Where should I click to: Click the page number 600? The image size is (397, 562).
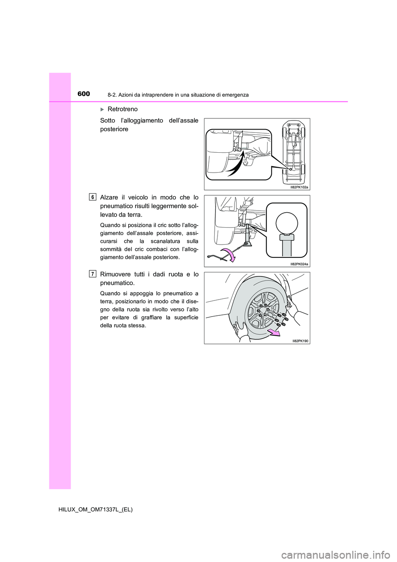click(x=84, y=94)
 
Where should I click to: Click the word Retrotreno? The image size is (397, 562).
click(x=122, y=109)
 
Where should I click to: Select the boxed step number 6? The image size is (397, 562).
click(x=93, y=197)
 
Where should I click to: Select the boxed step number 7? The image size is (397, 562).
click(x=93, y=274)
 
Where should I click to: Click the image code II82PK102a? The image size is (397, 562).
click(x=299, y=187)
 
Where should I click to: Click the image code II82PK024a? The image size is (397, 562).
click(x=299, y=264)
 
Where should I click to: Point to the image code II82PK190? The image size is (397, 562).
click(x=300, y=341)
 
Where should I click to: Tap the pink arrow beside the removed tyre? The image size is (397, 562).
click(x=273, y=332)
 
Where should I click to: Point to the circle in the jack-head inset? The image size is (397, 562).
click(x=287, y=222)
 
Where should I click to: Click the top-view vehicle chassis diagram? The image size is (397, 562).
click(x=293, y=151)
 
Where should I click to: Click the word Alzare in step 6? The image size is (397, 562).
click(x=109, y=197)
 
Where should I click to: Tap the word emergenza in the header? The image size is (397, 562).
click(x=234, y=95)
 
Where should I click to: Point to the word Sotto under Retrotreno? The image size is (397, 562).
click(x=108, y=120)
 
